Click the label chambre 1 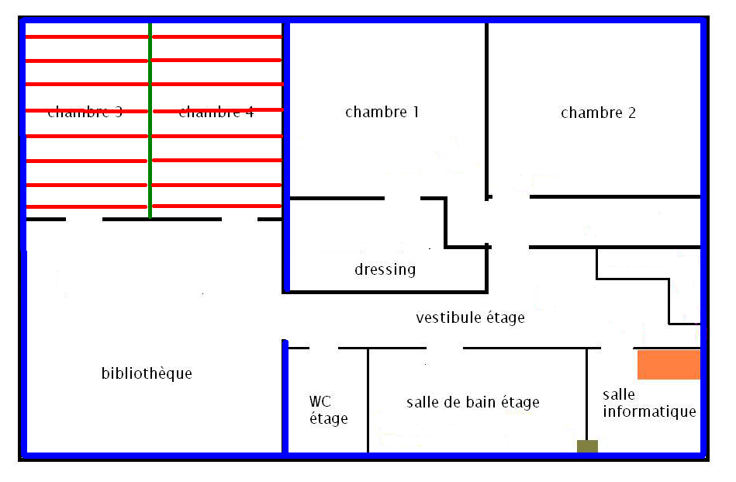point(382,113)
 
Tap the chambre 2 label point(598,113)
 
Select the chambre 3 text point(85,112)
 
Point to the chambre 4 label point(216,113)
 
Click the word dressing point(385,270)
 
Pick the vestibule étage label point(470,318)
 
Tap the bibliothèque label point(147,373)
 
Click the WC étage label point(328,410)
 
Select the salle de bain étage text point(472,403)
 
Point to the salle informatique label point(649,404)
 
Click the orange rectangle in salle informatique point(669,364)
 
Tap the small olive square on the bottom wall point(587,446)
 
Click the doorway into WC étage point(323,348)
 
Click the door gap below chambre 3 point(85,220)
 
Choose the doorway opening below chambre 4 point(239,220)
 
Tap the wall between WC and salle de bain point(368,400)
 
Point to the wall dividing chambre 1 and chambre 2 point(487,109)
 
